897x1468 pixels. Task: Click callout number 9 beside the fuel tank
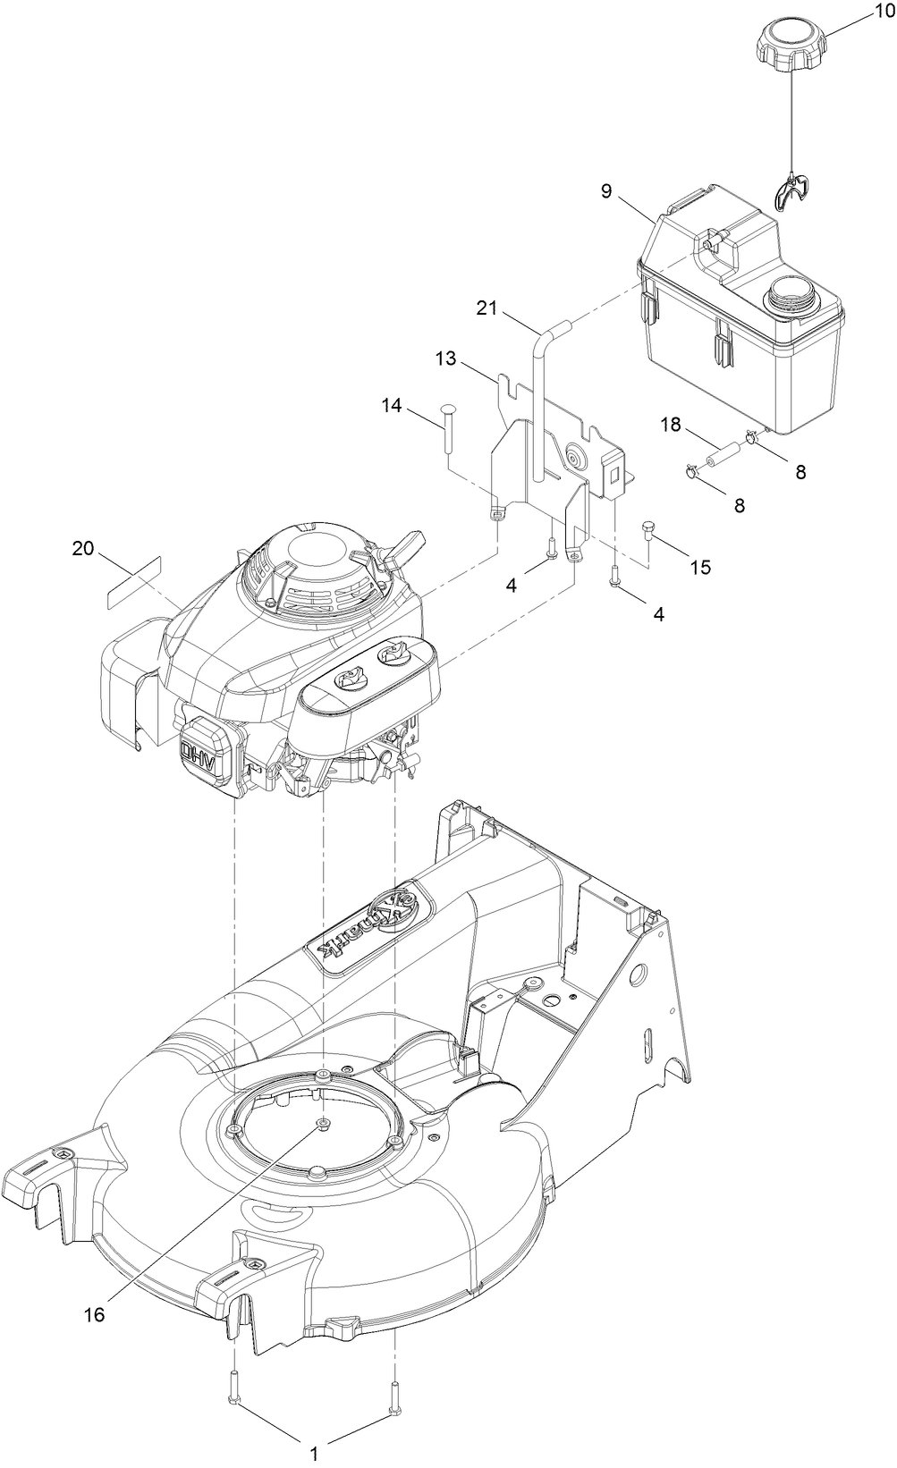click(606, 190)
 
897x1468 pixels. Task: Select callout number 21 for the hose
click(486, 308)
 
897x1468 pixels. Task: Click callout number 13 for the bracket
click(445, 359)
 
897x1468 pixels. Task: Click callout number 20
click(82, 549)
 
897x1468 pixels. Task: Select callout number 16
click(94, 1314)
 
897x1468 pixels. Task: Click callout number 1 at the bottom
click(313, 1455)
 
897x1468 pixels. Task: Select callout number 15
click(700, 567)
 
